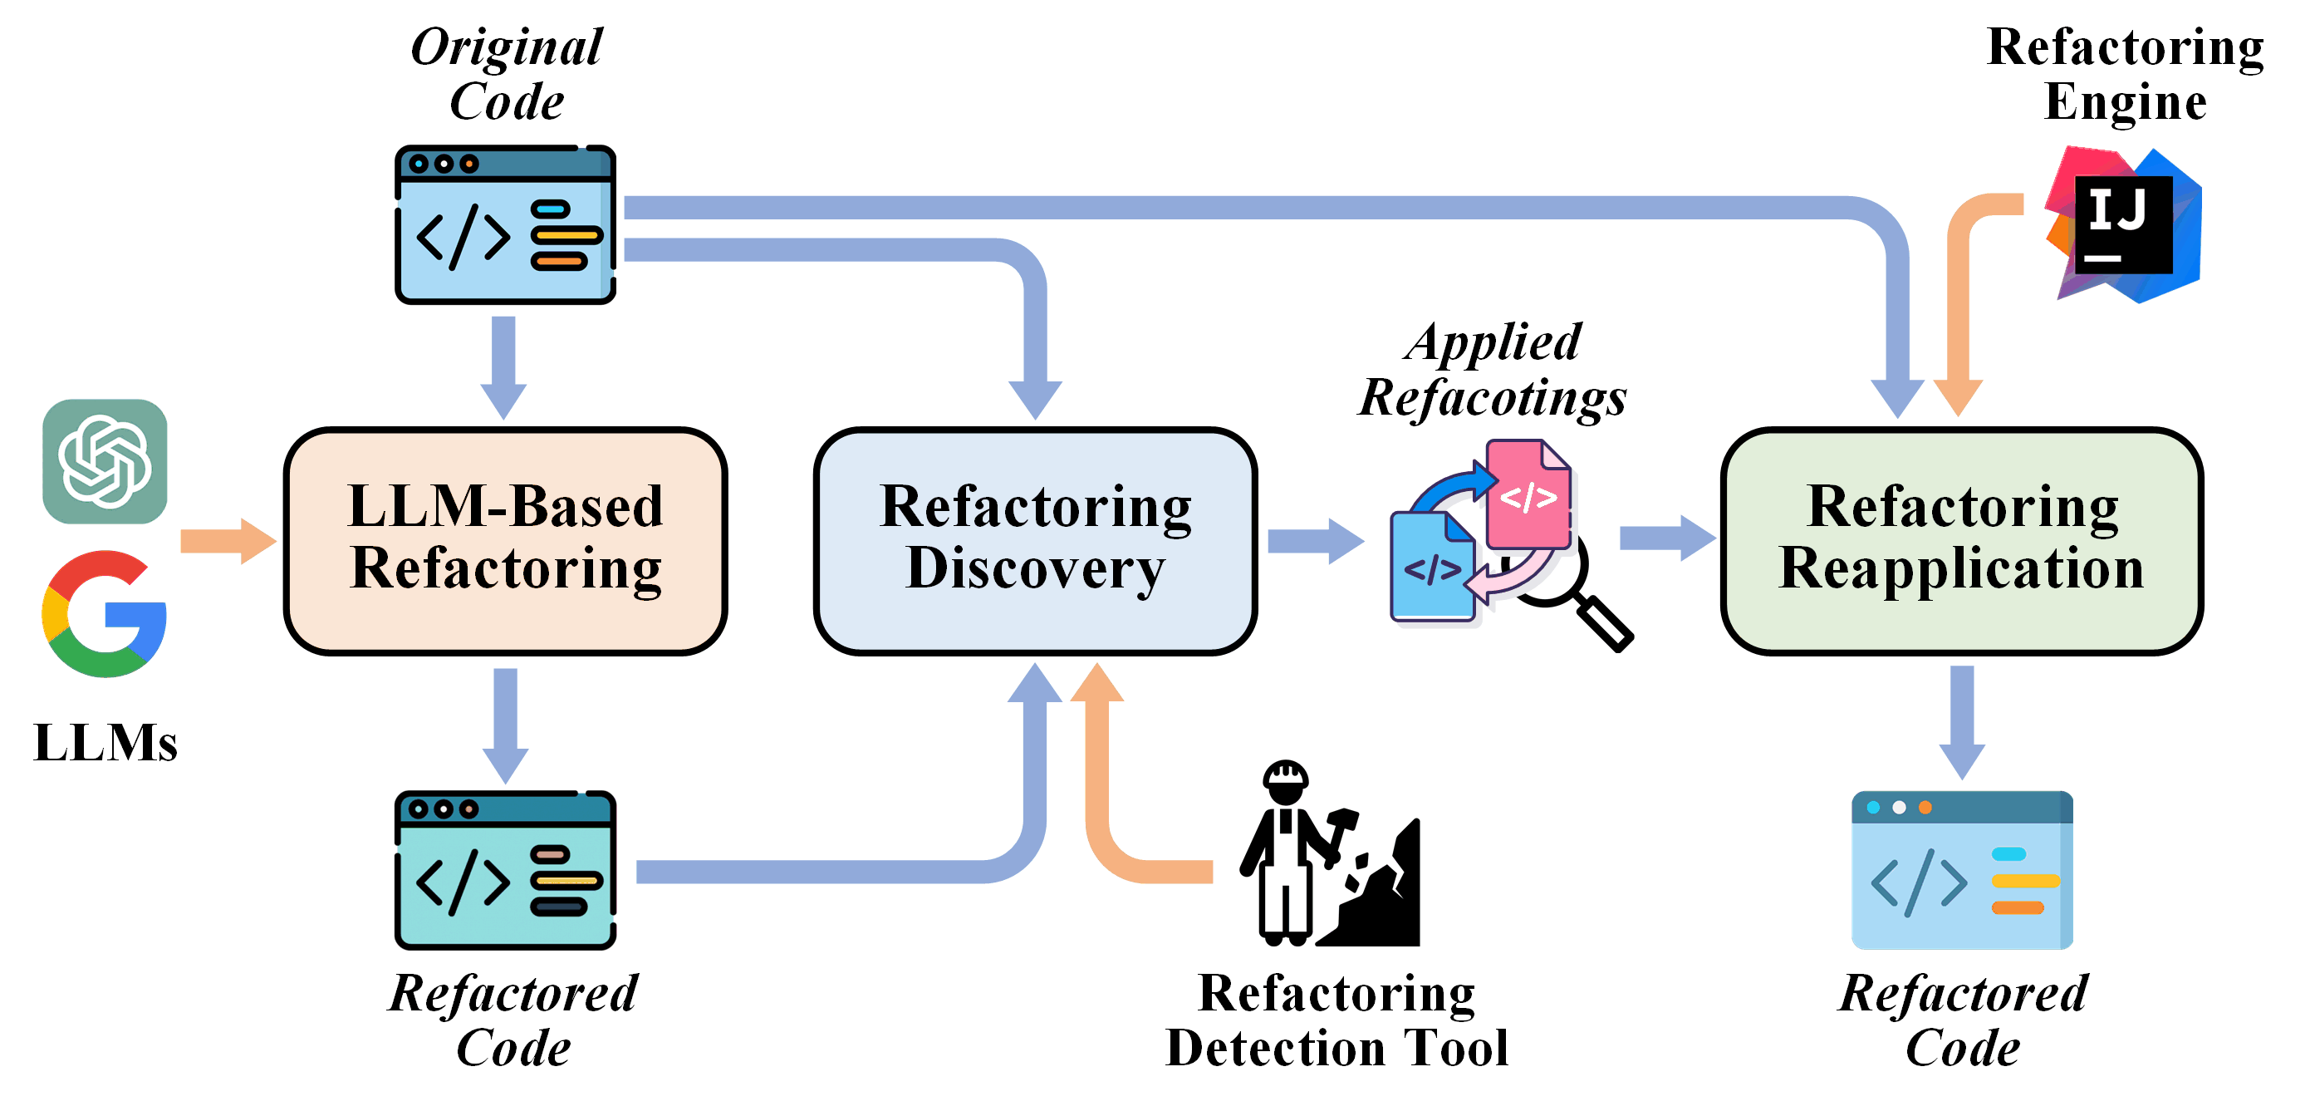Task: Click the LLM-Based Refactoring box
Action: point(505,541)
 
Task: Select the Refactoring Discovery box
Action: point(1035,541)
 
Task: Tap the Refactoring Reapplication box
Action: point(1961,541)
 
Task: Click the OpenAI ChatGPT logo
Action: point(105,461)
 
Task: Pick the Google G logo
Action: point(105,613)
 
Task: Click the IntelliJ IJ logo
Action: point(2123,224)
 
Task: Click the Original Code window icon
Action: point(505,224)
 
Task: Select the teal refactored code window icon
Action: point(505,869)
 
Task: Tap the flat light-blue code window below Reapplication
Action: point(1961,869)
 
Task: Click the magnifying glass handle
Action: point(1605,624)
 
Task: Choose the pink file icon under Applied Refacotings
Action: point(1528,494)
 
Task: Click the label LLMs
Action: point(105,743)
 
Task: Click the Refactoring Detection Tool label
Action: point(1336,1020)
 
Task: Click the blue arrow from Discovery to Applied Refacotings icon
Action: point(1315,541)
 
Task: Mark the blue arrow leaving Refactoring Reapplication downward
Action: point(1961,722)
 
